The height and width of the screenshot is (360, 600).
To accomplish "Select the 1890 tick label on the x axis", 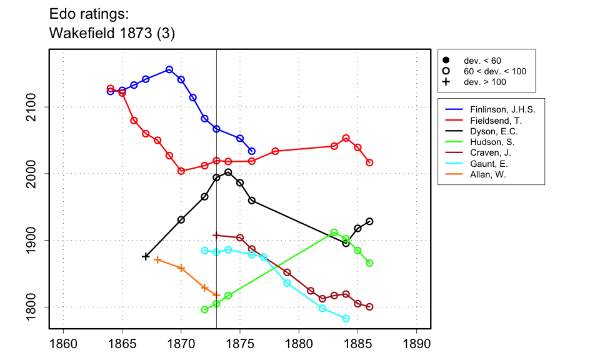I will (417, 344).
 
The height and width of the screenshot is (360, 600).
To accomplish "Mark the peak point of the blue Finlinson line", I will (169, 69).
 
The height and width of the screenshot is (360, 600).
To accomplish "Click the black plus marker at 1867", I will (146, 256).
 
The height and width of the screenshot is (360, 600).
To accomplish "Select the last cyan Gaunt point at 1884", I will (346, 319).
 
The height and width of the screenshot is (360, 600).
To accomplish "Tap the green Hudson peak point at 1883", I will (334, 232).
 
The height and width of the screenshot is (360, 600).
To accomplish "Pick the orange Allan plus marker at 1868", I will (157, 259).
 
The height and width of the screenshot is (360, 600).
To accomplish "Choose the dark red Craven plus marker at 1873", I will (216, 236).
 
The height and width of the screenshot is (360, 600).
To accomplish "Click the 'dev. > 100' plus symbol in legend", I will (446, 82).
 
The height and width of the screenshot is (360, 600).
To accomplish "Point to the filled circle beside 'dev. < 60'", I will (446, 60).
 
